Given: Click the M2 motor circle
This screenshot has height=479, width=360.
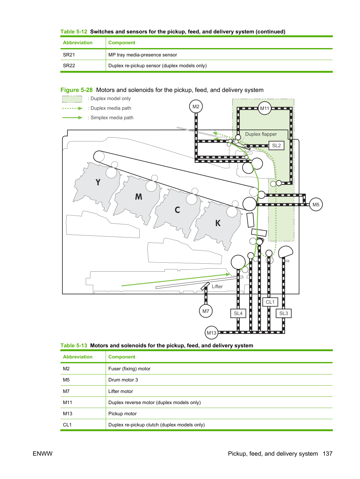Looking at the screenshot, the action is [196, 107].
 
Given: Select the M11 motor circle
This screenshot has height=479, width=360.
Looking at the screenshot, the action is [265, 108].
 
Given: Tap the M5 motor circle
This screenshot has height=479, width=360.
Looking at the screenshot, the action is [316, 204].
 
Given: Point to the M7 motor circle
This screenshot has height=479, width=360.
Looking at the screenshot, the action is [206, 311].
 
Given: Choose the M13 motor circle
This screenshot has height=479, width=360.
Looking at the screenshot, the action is [211, 333].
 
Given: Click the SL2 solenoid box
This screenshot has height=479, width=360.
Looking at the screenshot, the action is [276, 146].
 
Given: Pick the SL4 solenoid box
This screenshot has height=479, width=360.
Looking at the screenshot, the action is [238, 314].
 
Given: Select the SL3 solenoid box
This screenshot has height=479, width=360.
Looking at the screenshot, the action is [284, 314].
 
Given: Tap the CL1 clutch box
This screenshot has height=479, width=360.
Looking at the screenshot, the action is [270, 302].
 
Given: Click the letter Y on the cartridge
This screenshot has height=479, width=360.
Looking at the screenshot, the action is [98, 182].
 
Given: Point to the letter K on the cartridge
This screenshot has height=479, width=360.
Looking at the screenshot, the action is [218, 223].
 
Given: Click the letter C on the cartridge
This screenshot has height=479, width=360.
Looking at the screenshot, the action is [177, 210].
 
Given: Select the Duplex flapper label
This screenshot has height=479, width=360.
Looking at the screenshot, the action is [261, 134].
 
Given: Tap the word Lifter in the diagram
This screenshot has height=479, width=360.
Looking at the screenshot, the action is [217, 286].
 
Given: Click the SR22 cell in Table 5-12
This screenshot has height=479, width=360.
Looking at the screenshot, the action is [69, 66].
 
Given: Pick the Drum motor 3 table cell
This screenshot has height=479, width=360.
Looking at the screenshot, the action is [123, 380].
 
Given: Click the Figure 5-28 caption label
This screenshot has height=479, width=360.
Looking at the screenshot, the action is [76, 90].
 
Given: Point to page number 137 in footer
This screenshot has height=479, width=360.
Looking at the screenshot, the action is [328, 454].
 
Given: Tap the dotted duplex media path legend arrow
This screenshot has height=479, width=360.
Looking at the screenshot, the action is [72, 108].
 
